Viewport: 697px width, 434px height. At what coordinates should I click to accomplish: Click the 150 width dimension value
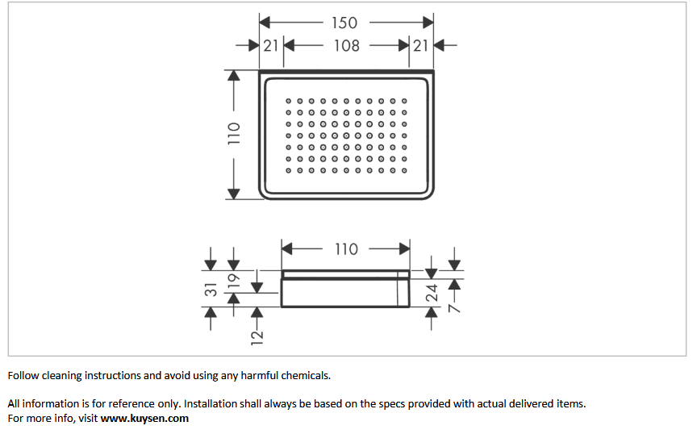(x=344, y=23)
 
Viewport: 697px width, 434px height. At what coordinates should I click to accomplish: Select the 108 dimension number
(x=347, y=45)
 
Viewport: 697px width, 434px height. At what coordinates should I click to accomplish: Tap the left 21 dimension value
(x=270, y=45)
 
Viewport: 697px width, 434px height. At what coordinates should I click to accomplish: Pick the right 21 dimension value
(x=420, y=45)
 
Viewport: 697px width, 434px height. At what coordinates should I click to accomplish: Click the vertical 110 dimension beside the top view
(x=234, y=133)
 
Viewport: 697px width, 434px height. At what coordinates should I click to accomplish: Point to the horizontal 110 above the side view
(x=346, y=249)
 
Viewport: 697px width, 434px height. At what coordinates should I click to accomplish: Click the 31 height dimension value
(x=211, y=289)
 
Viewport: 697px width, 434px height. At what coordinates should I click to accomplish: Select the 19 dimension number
(x=234, y=281)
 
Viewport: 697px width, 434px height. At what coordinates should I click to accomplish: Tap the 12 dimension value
(x=257, y=338)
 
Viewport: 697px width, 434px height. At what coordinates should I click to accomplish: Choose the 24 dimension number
(x=432, y=293)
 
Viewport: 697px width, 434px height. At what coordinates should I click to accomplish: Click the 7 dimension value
(x=454, y=307)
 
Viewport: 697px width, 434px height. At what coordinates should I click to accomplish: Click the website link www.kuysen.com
(x=144, y=419)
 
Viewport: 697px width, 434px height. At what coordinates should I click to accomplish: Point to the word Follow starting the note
(x=23, y=376)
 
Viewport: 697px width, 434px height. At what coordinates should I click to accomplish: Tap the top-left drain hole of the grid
(x=289, y=101)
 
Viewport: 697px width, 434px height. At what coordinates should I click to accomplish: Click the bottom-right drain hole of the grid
(x=404, y=170)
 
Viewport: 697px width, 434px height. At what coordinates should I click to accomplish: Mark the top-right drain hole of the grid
(x=404, y=101)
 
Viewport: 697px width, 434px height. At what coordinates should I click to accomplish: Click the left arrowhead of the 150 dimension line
(x=265, y=23)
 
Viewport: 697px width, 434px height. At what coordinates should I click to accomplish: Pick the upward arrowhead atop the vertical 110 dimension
(x=234, y=75)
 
